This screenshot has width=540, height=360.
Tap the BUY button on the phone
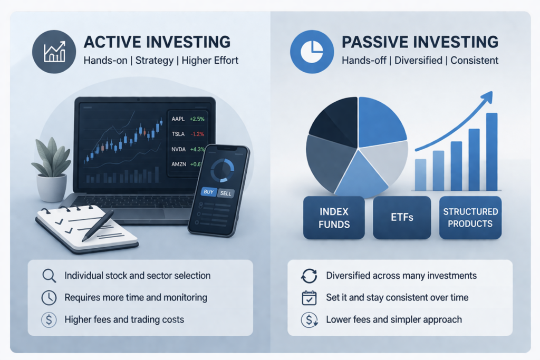(208, 192)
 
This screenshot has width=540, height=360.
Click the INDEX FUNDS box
(334, 217)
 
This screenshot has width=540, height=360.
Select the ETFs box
(402, 217)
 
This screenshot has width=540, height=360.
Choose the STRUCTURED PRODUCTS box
(470, 217)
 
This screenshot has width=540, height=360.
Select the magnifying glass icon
(49, 276)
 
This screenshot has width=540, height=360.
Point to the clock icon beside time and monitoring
(49, 298)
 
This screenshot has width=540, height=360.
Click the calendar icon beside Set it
(308, 298)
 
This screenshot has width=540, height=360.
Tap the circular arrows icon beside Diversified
(308, 276)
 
